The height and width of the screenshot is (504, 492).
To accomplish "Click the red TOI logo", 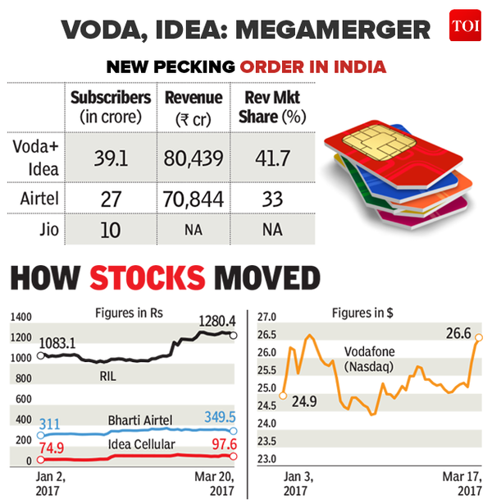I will pos(463,28).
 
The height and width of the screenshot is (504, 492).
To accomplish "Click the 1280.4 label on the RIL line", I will pos(215,320).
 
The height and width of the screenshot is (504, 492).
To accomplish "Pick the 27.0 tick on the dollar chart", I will pos(268,316).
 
